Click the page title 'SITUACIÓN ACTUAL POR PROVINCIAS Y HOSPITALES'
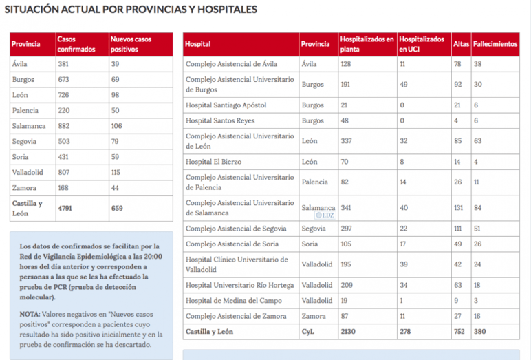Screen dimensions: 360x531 pos(131,10)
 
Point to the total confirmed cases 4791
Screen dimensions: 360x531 pos(66,208)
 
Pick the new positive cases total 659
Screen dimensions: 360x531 pos(120,208)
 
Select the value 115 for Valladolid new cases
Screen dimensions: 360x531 pos(118,172)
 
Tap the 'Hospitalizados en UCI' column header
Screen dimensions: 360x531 pos(422,44)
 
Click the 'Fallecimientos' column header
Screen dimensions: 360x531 pos(495,44)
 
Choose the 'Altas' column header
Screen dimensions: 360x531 pos(461,44)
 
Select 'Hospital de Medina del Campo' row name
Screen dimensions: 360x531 pos(230,300)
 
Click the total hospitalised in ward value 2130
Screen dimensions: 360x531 pos(349,331)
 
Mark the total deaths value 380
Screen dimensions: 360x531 pos(481,331)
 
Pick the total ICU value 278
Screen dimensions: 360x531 pos(407,331)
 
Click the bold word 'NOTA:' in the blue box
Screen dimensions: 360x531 pos(30,313)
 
